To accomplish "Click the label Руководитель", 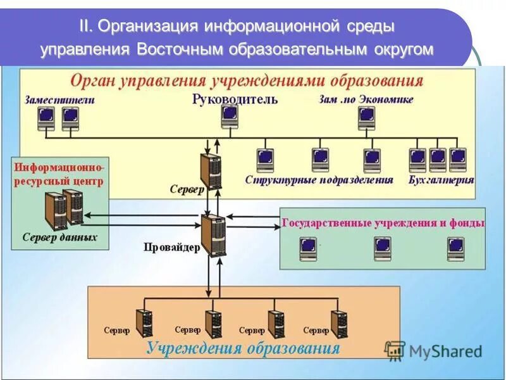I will [235, 99].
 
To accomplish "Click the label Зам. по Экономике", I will [367, 99].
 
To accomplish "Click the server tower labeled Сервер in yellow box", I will [211, 169].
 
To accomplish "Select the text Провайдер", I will [171, 248].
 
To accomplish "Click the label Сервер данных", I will [59, 237].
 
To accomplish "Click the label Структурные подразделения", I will [319, 180].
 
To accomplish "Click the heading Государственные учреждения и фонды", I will [383, 223].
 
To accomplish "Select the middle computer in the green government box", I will [382, 248].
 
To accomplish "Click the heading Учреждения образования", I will [244, 348].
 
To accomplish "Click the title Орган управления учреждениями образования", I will [246, 81].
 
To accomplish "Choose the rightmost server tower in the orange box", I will [339, 324].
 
